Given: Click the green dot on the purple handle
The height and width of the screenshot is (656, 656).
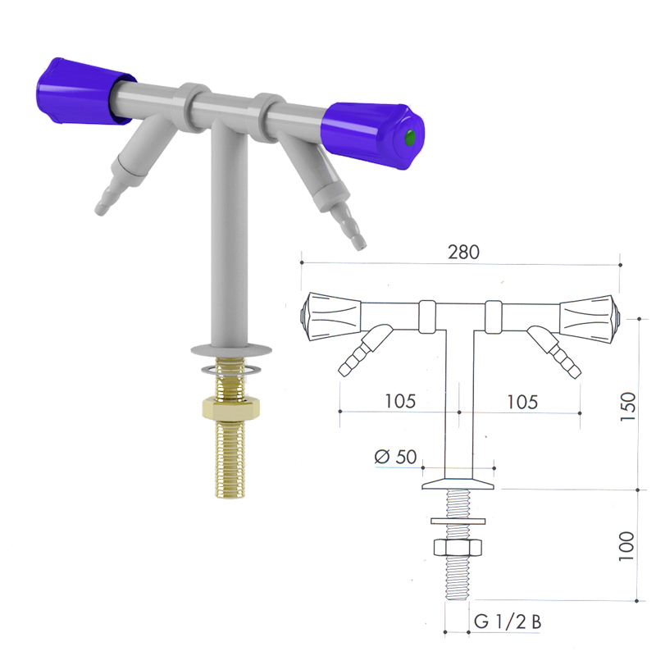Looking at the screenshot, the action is tap(410, 137).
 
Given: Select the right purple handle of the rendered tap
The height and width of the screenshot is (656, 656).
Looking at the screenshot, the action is tap(372, 134).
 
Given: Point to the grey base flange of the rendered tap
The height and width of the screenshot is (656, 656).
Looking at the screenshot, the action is tap(231, 348).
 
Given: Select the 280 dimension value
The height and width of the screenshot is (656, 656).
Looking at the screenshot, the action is tap(463, 252).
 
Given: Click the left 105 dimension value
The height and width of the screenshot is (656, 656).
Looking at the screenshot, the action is tap(400, 401).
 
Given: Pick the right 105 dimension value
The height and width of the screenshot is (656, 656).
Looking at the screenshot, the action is tap(522, 402).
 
